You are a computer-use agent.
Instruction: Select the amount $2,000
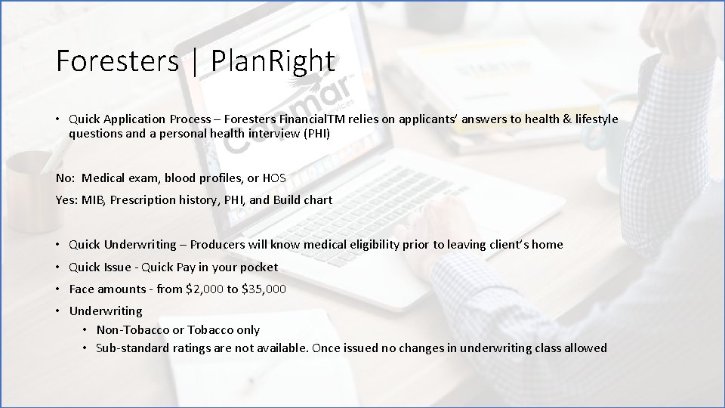(x=199, y=289)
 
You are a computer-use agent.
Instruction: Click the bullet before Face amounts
(x=57, y=289)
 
